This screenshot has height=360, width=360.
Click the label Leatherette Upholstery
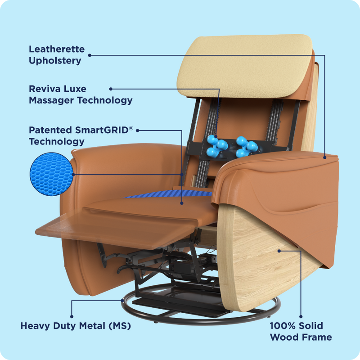[x=57, y=54]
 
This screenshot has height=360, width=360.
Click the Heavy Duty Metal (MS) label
[x=76, y=325]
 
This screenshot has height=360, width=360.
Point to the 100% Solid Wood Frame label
[x=301, y=331]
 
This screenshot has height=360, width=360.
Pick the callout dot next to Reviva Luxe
[x=111, y=89]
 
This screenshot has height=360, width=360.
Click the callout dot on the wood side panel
[x=279, y=251]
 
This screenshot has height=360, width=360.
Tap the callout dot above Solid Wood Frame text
[x=301, y=316]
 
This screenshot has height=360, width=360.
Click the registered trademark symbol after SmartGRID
[x=131, y=128]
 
